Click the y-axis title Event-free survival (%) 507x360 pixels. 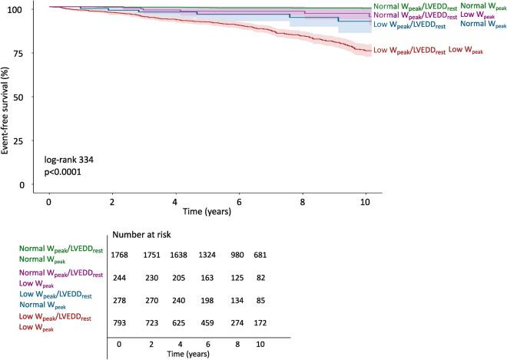click(6, 100)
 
